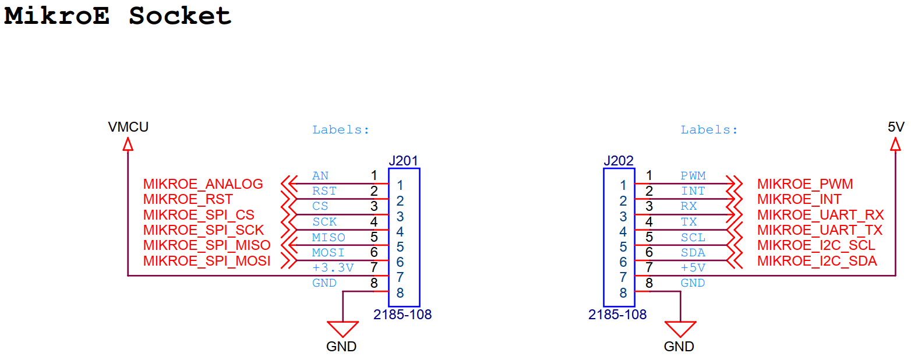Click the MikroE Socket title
coord(118,16)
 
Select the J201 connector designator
coord(403,161)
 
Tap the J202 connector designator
coord(619,161)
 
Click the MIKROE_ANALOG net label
coord(203,184)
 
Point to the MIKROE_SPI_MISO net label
coord(206,245)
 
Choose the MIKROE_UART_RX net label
coord(820,215)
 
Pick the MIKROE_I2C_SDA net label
coord(817,261)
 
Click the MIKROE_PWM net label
coord(804,184)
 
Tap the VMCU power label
coord(128,126)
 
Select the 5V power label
coord(896,126)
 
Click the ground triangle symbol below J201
coord(342,329)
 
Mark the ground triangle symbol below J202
coord(680,329)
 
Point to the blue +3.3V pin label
coord(333,268)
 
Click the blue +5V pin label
coord(693,268)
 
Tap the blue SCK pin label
coord(324,222)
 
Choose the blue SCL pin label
coord(693,238)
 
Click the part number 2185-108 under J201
coord(402,315)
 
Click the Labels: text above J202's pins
coord(709,130)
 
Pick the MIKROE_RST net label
coord(188,200)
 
